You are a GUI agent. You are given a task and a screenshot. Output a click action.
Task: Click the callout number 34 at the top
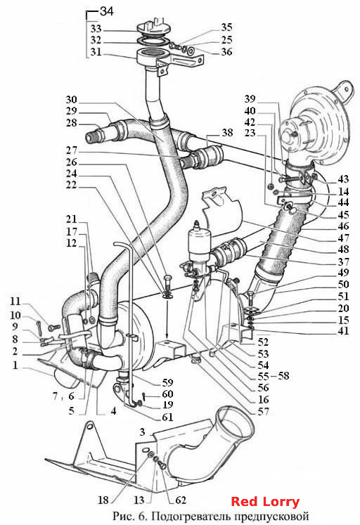point(107,11)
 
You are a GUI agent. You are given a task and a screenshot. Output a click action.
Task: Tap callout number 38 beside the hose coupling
point(227,133)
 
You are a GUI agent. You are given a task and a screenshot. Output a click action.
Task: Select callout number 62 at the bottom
point(181,500)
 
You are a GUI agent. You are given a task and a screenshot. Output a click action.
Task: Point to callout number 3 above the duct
point(142,432)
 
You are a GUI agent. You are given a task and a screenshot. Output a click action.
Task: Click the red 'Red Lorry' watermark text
point(265,502)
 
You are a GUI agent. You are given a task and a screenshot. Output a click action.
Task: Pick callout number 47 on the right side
point(343,238)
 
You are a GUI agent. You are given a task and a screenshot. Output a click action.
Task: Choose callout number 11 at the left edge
point(15,301)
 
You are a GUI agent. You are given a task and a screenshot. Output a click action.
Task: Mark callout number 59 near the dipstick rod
point(167,382)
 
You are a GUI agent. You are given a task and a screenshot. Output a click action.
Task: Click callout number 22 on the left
point(71,185)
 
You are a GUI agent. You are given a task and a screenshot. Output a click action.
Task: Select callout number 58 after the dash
point(283,376)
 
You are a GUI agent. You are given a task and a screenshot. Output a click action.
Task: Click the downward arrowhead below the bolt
point(167,336)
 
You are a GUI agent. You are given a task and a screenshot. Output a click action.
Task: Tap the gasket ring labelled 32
point(153,41)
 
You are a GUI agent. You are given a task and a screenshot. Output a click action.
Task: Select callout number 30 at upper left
point(71,99)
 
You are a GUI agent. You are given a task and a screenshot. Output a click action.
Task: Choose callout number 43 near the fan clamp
point(343,179)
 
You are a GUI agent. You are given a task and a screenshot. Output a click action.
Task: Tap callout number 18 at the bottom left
point(103,500)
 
